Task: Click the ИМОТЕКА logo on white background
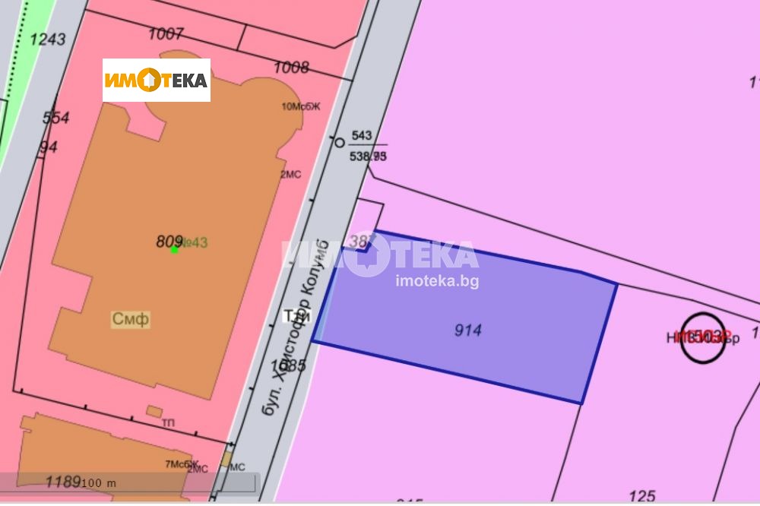click(157, 80)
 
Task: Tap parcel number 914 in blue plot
click(468, 330)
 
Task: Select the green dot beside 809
click(174, 249)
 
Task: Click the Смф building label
click(131, 319)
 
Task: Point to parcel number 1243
click(47, 39)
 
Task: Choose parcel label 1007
click(166, 33)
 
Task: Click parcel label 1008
click(291, 68)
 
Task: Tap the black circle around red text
click(702, 337)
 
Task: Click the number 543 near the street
click(362, 135)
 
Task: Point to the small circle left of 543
click(340, 142)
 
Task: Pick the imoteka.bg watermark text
click(437, 280)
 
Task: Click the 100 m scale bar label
click(100, 483)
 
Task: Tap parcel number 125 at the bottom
click(642, 496)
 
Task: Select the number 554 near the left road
click(56, 118)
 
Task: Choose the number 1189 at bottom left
click(63, 482)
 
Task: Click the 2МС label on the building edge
click(291, 174)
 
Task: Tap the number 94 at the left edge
click(49, 147)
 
